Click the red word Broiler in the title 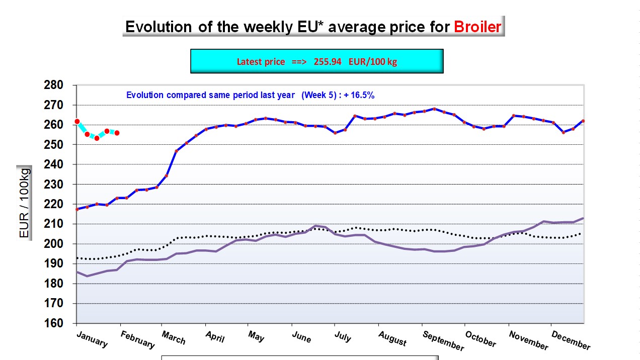click(477, 27)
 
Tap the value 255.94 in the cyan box click(328, 61)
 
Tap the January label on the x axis click(92, 339)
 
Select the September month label click(443, 341)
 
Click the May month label click(256, 336)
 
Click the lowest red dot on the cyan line click(97, 138)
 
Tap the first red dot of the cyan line click(77, 121)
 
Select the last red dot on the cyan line click(117, 133)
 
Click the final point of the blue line click(583, 121)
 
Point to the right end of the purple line click(583, 218)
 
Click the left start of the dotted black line click(77, 258)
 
